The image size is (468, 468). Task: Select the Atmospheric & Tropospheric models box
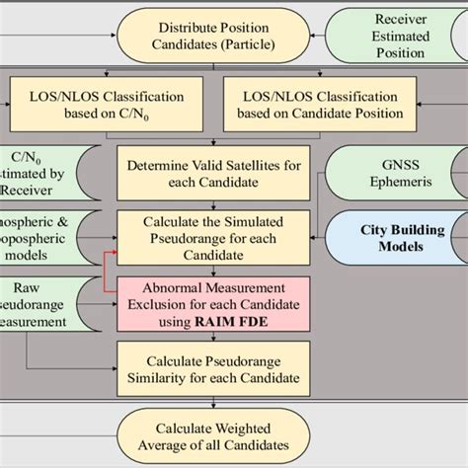43,237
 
